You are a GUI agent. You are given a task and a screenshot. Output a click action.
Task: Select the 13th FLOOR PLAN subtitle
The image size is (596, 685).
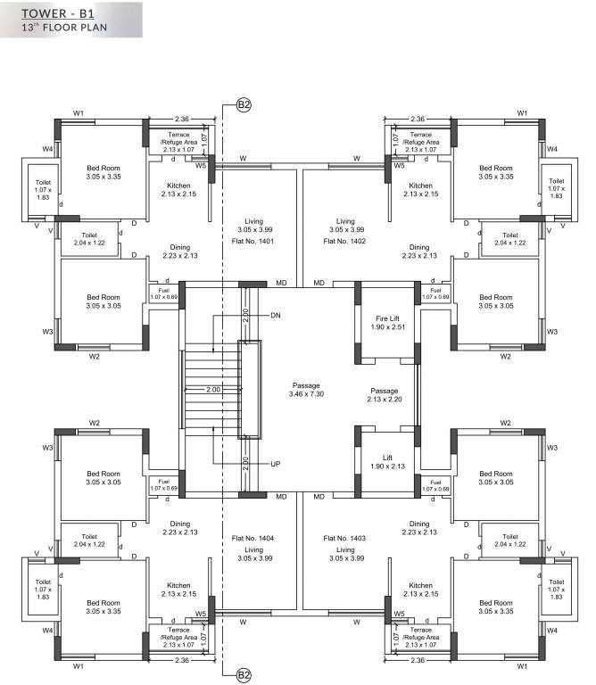point(64,29)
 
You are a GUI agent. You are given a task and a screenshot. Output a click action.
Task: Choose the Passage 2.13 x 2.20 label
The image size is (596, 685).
point(385,396)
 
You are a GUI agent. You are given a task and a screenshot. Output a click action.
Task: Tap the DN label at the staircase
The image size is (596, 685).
point(276,315)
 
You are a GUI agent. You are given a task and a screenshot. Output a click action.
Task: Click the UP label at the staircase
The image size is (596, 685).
point(276,465)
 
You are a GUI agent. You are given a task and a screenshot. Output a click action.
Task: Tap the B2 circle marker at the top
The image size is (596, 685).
point(244,104)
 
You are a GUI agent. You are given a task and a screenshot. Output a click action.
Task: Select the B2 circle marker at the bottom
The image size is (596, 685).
point(244,675)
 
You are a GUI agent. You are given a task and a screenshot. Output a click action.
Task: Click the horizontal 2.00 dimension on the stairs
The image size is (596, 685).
point(213,390)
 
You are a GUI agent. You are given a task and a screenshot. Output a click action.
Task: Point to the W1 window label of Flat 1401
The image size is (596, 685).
point(79,113)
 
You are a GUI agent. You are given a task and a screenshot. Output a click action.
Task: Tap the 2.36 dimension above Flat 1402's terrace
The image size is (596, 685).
point(417,118)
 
